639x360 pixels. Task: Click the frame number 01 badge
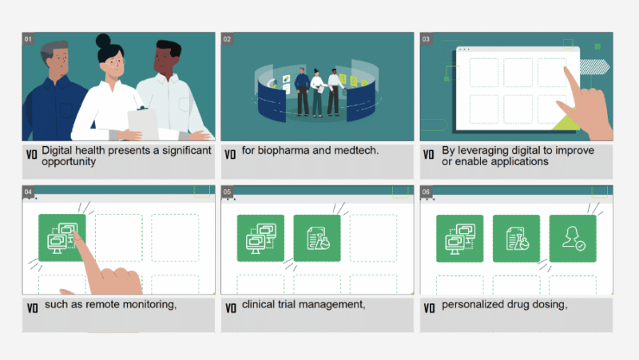[x=29, y=38]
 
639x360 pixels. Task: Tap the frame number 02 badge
[x=227, y=38]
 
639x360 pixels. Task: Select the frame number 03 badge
[x=426, y=38]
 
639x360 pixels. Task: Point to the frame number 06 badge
[x=426, y=192]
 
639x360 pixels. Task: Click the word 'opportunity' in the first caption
[x=69, y=161]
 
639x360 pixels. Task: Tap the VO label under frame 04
[x=32, y=307]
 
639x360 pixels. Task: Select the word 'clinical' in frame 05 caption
[x=260, y=305]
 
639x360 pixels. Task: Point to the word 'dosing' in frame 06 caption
[x=550, y=305]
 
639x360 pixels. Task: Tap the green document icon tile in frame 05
[x=317, y=238]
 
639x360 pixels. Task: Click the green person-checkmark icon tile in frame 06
[x=573, y=238]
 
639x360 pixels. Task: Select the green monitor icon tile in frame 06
[x=459, y=238]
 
